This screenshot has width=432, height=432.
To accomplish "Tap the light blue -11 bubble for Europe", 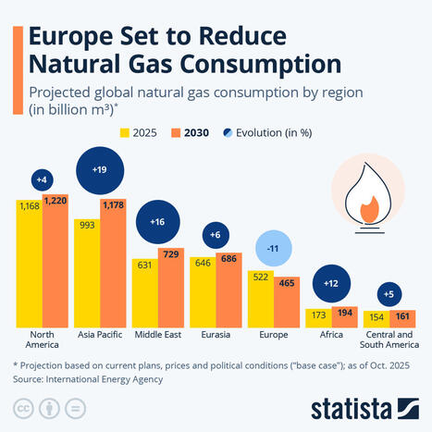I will (x=274, y=248).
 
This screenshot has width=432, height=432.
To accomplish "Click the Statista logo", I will (x=363, y=406).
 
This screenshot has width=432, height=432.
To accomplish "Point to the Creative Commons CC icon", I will (x=21, y=408).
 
